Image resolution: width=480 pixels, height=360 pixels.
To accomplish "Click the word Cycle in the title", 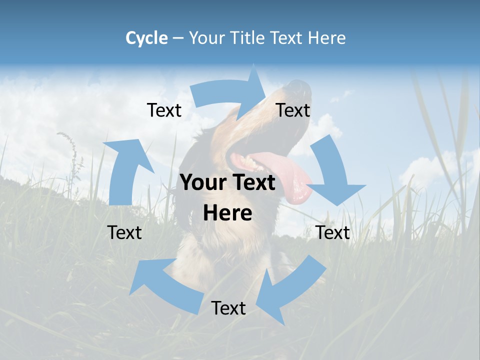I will (146, 38).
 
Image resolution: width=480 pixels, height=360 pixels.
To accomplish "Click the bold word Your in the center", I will (204, 183).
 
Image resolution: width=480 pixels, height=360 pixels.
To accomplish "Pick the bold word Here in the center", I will (227, 213).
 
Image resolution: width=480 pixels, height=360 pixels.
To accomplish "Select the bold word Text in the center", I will (253, 183).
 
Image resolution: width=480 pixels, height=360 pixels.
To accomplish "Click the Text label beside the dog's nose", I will (293, 110).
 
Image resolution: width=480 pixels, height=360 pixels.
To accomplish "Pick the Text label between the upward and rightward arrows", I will (164, 110).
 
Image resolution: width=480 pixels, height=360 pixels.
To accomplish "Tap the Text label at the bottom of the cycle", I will (228, 308).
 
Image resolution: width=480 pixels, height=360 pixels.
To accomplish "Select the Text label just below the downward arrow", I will (332, 232).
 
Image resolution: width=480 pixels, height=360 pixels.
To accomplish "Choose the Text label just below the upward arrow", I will (124, 232).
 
